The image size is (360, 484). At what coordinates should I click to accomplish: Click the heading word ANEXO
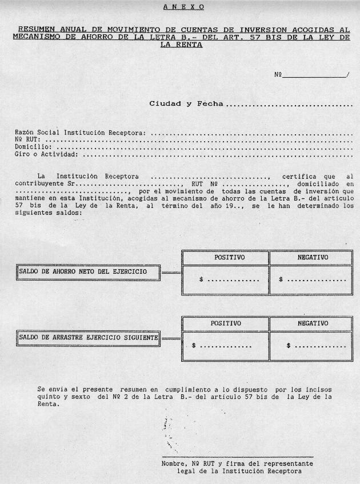(183, 7)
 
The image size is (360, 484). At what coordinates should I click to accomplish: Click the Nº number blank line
(314, 75)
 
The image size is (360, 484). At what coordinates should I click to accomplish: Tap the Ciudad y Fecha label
(186, 104)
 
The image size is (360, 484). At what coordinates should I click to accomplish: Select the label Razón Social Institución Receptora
(81, 133)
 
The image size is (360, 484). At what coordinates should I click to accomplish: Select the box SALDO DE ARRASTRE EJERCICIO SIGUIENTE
(88, 338)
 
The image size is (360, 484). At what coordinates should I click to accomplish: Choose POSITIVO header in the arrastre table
(225, 323)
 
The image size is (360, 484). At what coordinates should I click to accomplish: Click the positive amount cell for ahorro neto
(225, 280)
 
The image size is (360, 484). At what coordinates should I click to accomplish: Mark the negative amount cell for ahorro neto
(311, 280)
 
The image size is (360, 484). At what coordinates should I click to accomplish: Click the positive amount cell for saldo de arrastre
(225, 346)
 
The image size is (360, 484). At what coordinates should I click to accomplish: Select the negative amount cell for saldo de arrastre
(311, 346)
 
